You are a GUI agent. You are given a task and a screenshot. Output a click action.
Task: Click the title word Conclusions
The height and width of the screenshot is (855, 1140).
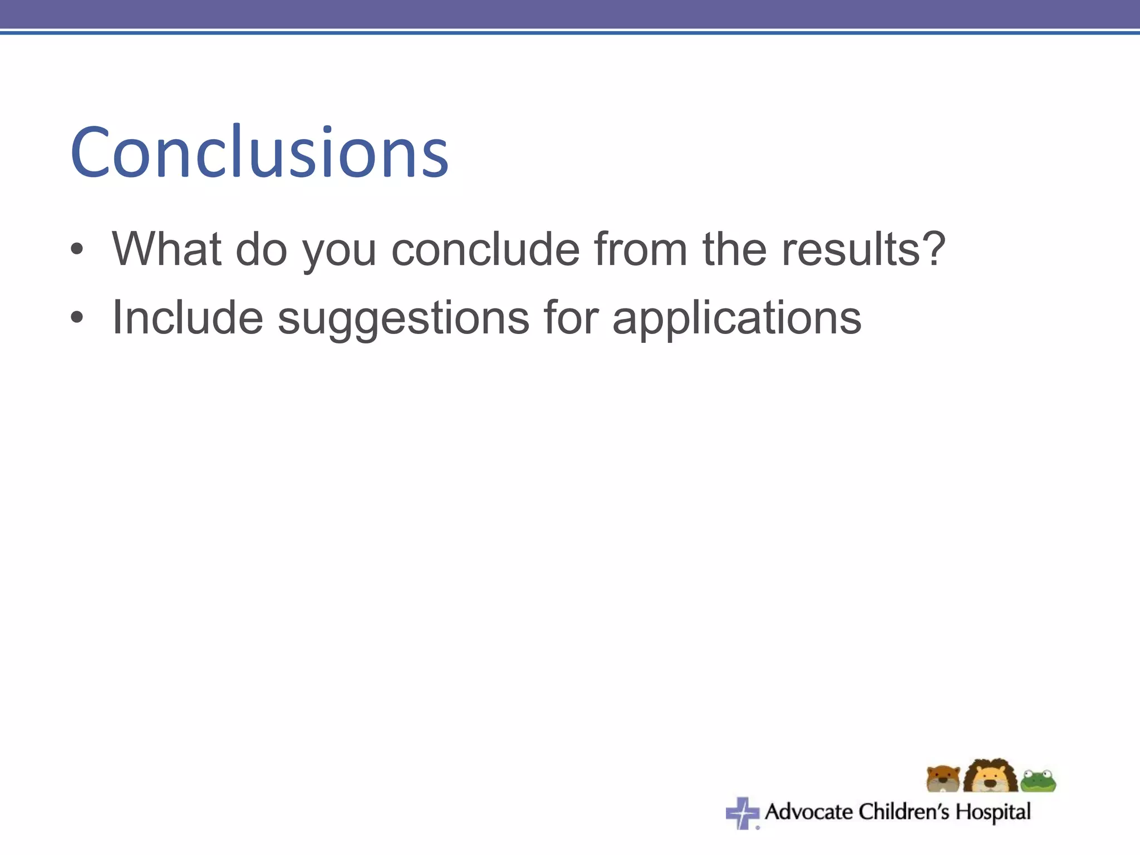[x=259, y=152]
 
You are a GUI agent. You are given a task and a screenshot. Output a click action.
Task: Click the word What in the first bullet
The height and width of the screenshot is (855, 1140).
[x=166, y=249]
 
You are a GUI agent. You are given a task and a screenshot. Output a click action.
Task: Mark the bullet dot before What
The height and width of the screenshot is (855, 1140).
[x=77, y=250]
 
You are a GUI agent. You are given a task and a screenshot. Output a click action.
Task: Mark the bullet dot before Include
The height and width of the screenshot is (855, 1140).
[x=77, y=318]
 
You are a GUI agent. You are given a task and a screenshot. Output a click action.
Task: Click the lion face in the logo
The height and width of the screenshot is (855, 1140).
[x=990, y=777]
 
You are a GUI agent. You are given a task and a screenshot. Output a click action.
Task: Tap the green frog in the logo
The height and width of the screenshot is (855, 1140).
[x=1038, y=781]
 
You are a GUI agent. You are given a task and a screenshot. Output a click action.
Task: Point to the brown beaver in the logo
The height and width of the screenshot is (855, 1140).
[x=944, y=779]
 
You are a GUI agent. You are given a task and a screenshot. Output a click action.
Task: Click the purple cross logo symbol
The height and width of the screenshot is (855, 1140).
[x=742, y=813]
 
